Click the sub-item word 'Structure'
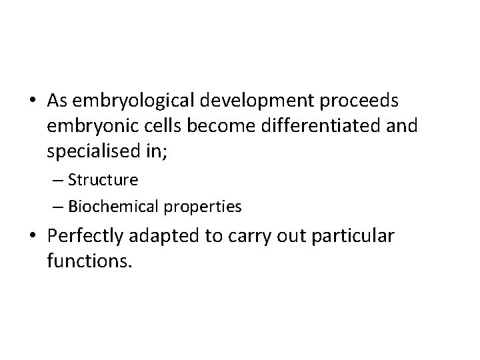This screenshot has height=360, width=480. pyautogui.click(x=103, y=180)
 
